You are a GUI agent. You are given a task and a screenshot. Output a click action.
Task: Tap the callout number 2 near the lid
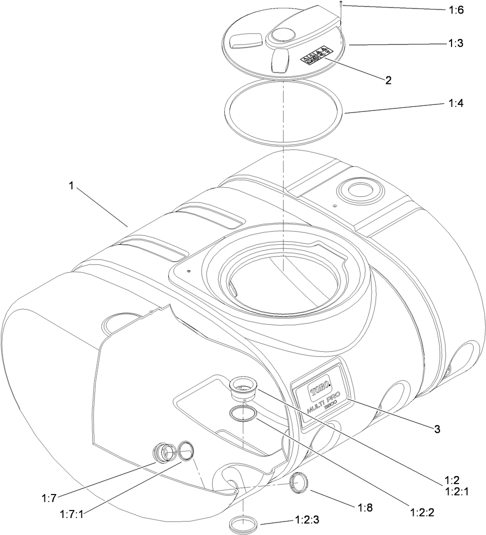[388, 80]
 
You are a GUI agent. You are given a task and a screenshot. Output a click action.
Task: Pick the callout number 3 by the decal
[437, 428]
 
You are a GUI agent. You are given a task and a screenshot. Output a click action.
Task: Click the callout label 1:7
[48, 497]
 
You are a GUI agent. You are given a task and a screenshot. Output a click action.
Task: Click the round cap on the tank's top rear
[357, 190]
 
